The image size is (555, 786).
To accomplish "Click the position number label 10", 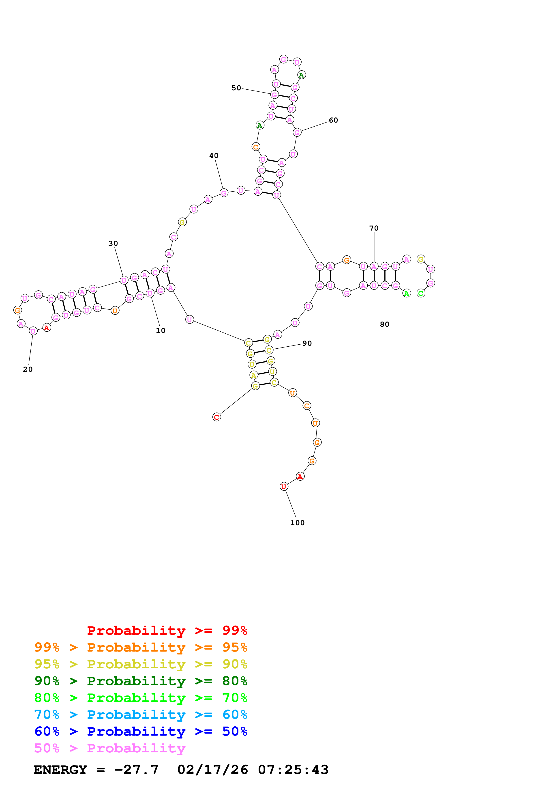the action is click(160, 331).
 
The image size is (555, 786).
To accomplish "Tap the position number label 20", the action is click(28, 369).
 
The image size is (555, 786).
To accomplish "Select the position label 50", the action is click(236, 88).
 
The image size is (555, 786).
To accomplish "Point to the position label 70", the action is click(374, 228).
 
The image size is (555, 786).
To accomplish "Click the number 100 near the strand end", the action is click(297, 523).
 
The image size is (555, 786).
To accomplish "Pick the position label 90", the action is click(307, 343).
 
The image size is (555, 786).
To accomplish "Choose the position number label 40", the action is click(214, 155).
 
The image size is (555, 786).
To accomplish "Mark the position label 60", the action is click(333, 120).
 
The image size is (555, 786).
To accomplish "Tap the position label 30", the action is click(113, 243).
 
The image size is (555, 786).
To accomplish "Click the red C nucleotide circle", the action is click(216, 417).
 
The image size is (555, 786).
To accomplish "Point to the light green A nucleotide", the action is click(407, 293).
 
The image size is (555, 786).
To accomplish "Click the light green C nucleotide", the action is click(421, 293).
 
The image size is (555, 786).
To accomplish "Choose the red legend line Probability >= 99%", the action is click(167, 630).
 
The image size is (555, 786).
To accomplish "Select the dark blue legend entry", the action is click(141, 731).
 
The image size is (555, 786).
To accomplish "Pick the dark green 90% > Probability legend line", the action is click(141, 681).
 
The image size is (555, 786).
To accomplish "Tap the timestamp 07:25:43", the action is click(293, 770).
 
